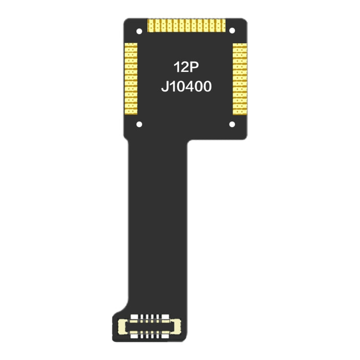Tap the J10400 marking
[x=186, y=87]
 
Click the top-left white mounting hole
[x=139, y=31]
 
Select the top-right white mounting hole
[x=232, y=31]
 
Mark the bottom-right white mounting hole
[x=232, y=124]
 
